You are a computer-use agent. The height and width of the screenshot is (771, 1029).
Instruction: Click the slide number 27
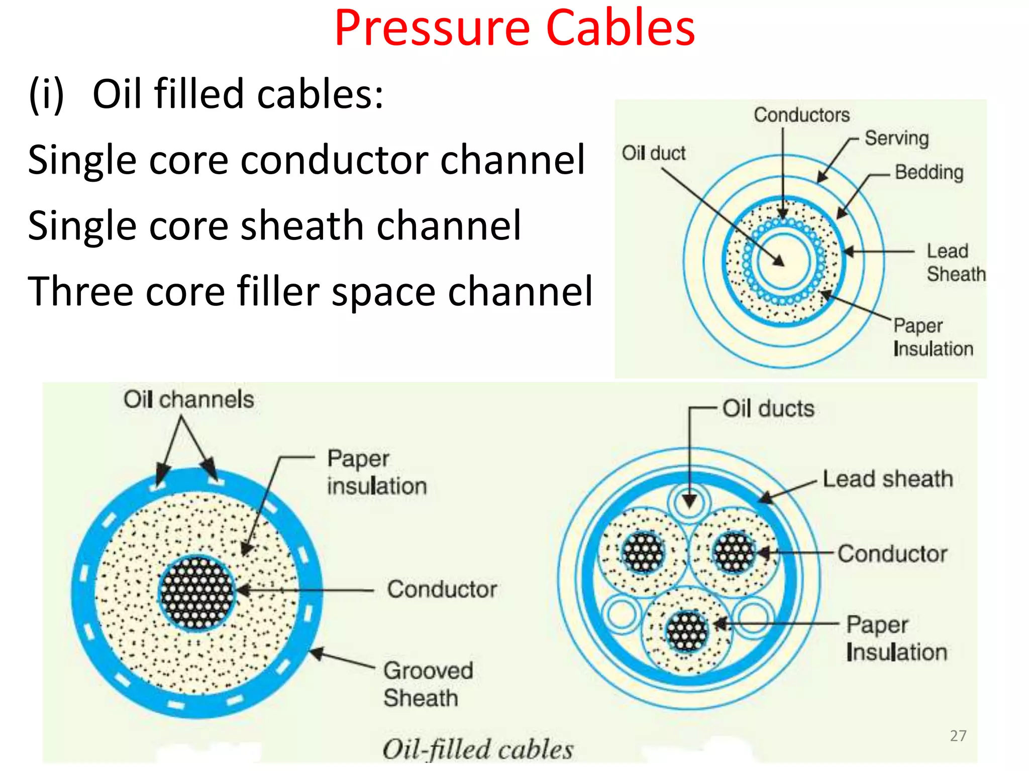click(x=958, y=735)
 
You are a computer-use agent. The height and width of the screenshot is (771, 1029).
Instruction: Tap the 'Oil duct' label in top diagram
click(x=653, y=153)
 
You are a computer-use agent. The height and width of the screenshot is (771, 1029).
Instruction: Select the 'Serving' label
click(x=896, y=138)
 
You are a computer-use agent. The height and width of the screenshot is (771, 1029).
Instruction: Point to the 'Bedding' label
click(x=929, y=172)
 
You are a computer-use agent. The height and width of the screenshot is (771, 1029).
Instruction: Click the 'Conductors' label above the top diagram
click(x=801, y=115)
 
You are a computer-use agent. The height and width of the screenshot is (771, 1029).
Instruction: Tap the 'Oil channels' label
click(x=189, y=400)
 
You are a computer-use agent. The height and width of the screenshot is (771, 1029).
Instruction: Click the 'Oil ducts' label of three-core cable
click(x=768, y=408)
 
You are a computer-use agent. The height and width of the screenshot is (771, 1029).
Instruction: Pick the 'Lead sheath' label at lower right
click(x=887, y=479)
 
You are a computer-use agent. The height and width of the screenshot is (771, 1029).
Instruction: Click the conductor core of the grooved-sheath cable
click(x=197, y=593)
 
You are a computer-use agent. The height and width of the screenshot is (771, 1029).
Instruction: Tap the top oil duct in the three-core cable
click(x=689, y=501)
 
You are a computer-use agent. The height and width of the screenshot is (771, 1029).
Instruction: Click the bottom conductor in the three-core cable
click(x=687, y=631)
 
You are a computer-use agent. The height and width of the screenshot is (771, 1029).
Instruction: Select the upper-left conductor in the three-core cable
click(x=643, y=552)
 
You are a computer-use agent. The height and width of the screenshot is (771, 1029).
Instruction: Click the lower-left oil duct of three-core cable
click(x=621, y=614)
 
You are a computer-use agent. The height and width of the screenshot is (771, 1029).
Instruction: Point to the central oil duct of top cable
click(x=783, y=261)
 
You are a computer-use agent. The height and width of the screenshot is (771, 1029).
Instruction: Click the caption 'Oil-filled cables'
click(x=477, y=749)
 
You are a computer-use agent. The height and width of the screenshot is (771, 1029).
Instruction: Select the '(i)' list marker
click(x=47, y=94)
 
